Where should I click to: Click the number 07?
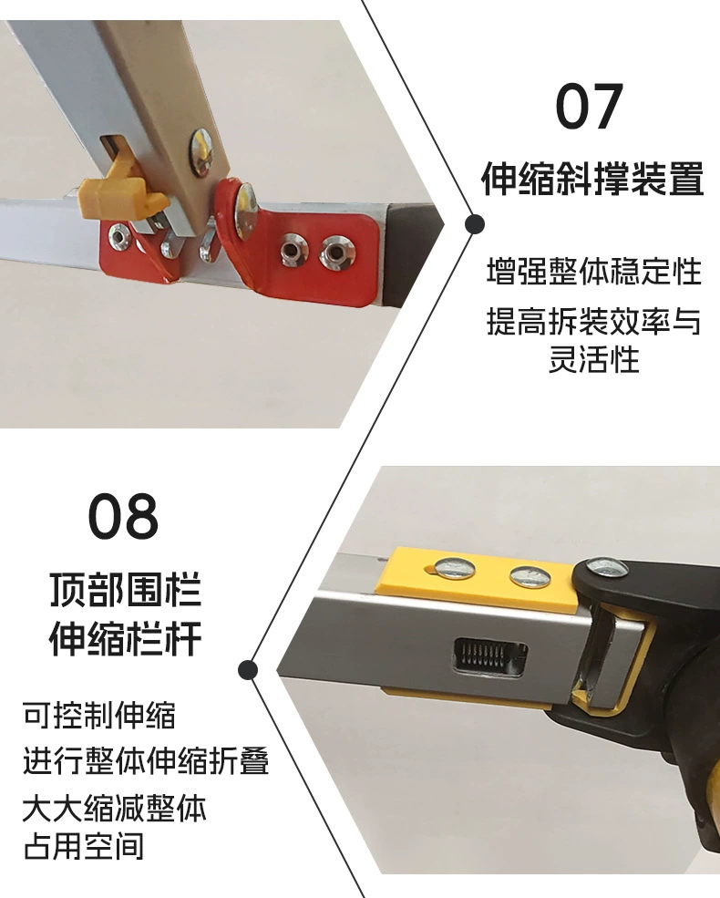click(590, 107)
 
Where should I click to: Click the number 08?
click(124, 516)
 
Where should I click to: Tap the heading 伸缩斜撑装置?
click(592, 179)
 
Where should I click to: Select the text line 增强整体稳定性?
click(594, 271)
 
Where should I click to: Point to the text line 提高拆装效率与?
click(594, 321)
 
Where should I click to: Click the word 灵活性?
click(594, 360)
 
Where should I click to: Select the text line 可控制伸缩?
click(99, 715)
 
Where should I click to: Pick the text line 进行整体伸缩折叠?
click(146, 761)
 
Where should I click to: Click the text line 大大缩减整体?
click(115, 808)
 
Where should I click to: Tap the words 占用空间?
click(84, 847)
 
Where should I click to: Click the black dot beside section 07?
click(475, 224)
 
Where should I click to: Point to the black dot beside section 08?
click(247, 670)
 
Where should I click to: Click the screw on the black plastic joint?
click(607, 569)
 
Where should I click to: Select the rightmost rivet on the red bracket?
click(335, 252)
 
